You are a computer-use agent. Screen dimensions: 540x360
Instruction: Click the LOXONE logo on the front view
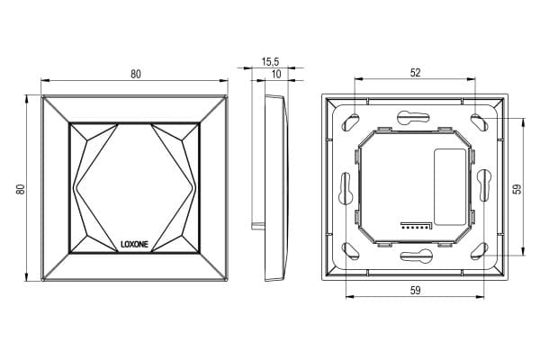tap(134, 244)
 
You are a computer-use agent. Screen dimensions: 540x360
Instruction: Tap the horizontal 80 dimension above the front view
tap(136, 74)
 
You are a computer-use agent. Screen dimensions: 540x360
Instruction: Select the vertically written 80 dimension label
tap(21, 189)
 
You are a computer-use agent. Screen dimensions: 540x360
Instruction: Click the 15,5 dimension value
tap(270, 62)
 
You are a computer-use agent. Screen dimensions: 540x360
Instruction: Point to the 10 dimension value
tap(276, 74)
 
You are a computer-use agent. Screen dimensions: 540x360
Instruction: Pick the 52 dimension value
tap(416, 73)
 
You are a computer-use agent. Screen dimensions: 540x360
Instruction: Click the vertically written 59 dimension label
tap(517, 189)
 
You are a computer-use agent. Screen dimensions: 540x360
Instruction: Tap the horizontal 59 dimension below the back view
tap(416, 291)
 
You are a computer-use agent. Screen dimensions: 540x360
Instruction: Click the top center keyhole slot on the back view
tap(413, 117)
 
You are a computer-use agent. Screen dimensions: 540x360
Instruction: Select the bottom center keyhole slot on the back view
tap(416, 256)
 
